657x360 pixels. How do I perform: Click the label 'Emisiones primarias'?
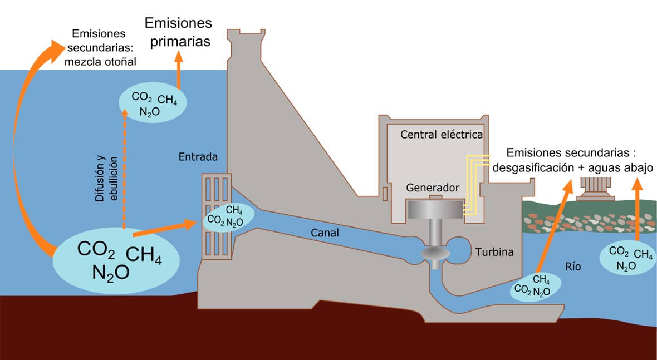(x=178, y=32)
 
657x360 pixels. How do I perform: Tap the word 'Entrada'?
(x=197, y=157)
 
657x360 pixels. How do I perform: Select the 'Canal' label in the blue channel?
(x=325, y=233)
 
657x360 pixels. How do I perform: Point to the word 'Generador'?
(x=433, y=188)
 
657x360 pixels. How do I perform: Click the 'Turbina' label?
(x=494, y=252)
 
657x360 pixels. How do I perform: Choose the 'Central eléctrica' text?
(x=442, y=135)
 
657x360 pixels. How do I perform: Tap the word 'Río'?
(x=572, y=267)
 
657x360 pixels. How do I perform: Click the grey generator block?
(x=435, y=209)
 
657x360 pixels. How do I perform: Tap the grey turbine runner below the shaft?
(x=434, y=254)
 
